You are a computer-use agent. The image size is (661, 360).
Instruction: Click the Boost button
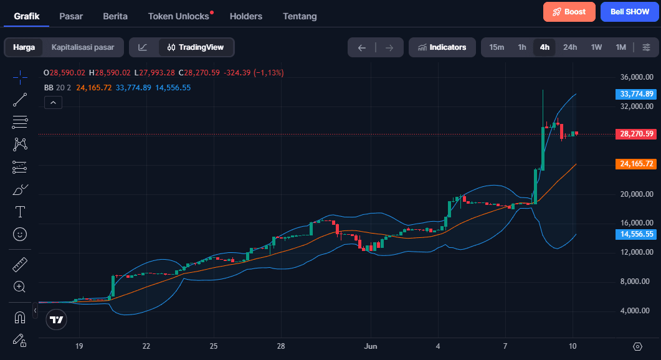(x=569, y=12)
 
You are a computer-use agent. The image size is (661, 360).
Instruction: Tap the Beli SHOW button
(x=630, y=12)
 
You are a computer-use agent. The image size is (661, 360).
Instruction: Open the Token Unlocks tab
(x=179, y=16)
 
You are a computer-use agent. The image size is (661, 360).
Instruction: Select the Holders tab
(x=245, y=16)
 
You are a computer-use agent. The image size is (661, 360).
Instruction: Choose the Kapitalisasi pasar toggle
(x=83, y=47)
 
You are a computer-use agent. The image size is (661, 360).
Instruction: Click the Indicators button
(x=442, y=47)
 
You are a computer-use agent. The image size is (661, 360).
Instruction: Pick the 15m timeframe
(x=496, y=47)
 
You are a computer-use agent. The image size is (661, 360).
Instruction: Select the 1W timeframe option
(x=596, y=47)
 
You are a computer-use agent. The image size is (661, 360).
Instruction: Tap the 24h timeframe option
(x=570, y=47)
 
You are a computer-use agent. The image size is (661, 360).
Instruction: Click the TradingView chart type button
(x=196, y=47)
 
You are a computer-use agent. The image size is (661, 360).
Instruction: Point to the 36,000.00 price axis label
(x=637, y=77)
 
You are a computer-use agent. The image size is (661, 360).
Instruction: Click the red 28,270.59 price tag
(x=636, y=134)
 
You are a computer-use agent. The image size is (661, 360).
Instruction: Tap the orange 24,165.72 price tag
(x=636, y=164)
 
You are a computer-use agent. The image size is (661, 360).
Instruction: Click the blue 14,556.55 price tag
(x=636, y=234)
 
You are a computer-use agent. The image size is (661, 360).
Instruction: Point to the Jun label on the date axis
(x=371, y=346)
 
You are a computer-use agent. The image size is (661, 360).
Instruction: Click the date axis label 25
(x=214, y=346)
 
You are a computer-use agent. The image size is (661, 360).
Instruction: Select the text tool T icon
(x=20, y=212)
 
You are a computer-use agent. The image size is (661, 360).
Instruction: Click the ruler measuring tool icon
(x=20, y=265)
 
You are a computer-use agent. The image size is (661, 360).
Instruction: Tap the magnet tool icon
(x=20, y=317)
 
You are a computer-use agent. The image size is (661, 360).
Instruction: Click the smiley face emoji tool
(x=20, y=234)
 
